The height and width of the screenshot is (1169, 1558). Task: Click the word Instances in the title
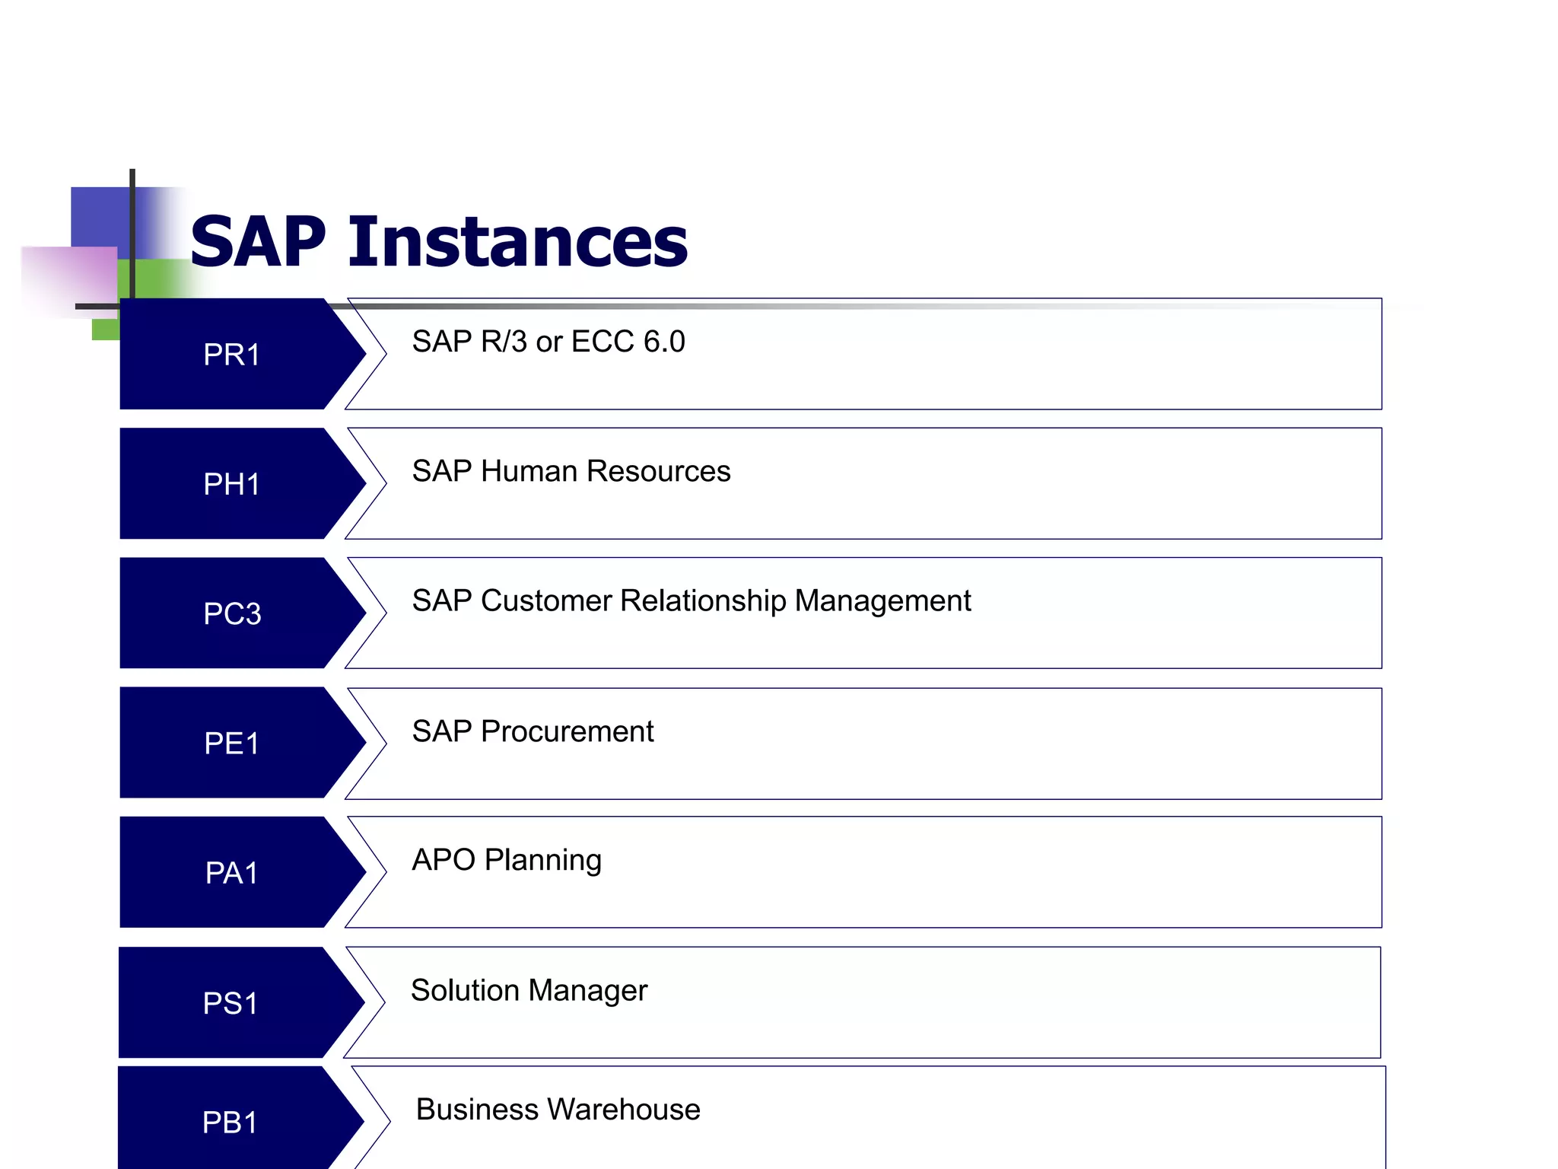click(518, 242)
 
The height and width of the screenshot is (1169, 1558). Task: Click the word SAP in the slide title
click(258, 242)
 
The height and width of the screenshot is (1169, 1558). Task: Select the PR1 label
click(231, 355)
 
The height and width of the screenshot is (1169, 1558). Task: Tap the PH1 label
click(231, 484)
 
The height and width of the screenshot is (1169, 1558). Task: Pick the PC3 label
click(232, 613)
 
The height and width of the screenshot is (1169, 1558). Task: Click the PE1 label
click(231, 744)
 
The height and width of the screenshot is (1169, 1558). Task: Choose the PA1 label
click(231, 873)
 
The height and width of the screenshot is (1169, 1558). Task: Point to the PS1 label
click(230, 1003)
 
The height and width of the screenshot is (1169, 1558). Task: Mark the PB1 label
click(230, 1123)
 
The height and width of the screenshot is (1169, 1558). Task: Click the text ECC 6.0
click(628, 342)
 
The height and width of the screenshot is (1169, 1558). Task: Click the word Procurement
click(567, 731)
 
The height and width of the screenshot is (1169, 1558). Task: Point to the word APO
click(443, 860)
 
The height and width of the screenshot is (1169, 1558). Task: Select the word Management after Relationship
click(882, 601)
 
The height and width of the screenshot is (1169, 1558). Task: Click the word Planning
click(542, 861)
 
